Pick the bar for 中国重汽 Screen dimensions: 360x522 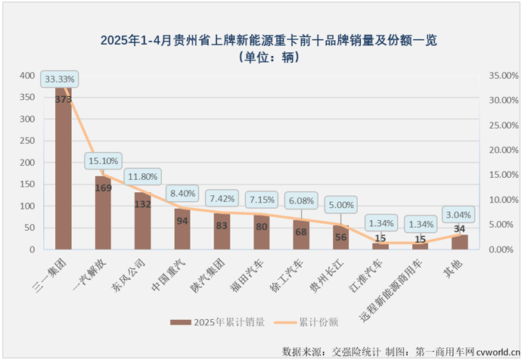click(x=182, y=230)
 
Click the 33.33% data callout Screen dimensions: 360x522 click(x=59, y=79)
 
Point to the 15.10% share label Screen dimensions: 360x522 click(x=103, y=160)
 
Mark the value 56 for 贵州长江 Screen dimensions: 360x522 click(x=341, y=236)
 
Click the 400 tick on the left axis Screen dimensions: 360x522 click(x=26, y=76)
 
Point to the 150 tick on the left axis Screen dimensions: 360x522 click(x=26, y=185)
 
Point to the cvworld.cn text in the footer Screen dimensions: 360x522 click(x=496, y=352)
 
